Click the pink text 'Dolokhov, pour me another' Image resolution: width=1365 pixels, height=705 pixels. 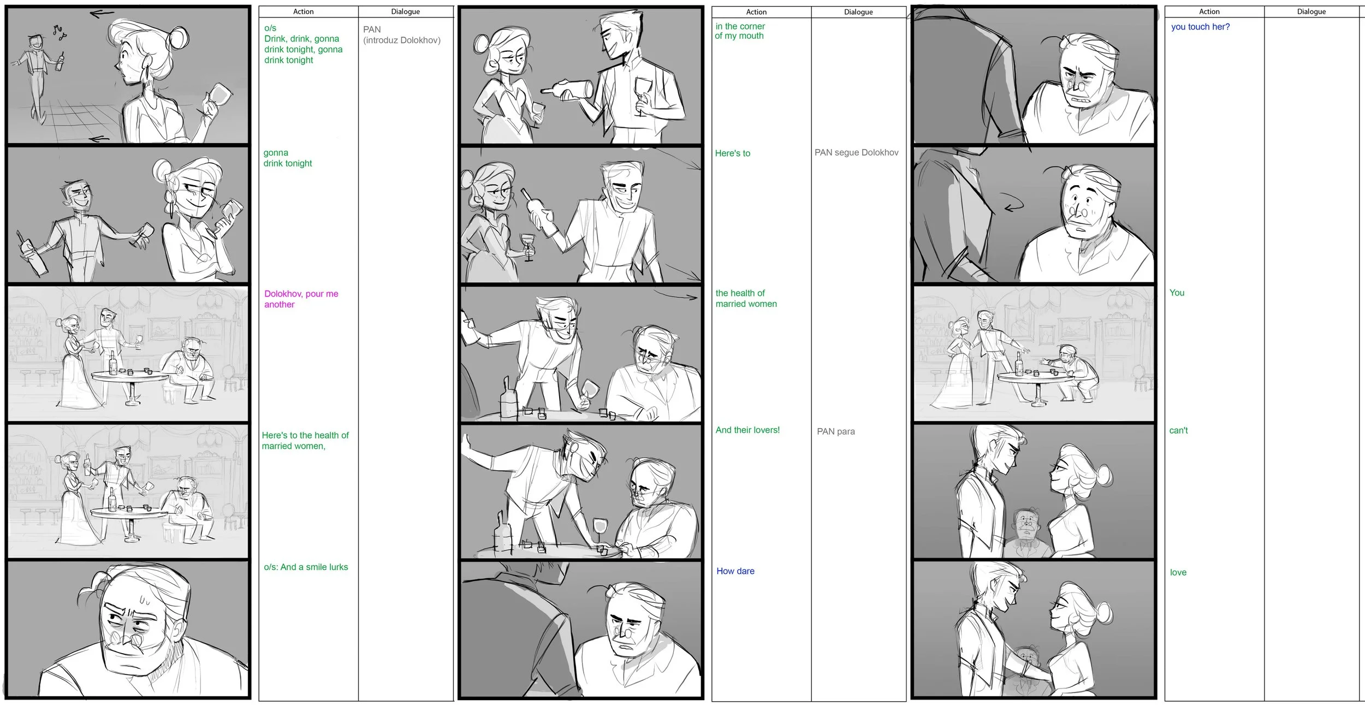click(301, 299)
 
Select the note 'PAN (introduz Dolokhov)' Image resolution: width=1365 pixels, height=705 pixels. click(401, 34)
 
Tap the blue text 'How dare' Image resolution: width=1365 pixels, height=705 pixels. click(735, 571)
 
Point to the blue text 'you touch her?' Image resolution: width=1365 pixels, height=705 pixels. click(1200, 27)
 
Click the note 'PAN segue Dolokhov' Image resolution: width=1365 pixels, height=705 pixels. click(856, 152)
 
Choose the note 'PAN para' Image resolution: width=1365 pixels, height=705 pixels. click(835, 431)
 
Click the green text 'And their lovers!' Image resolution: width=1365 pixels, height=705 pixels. click(747, 430)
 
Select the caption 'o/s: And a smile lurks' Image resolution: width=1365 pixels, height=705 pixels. click(306, 567)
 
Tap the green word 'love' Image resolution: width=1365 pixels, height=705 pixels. click(1178, 572)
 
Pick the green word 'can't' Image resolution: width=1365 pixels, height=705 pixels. click(1178, 430)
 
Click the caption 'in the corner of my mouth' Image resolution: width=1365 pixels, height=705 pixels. click(740, 31)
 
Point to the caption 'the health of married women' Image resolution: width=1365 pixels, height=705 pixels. click(746, 298)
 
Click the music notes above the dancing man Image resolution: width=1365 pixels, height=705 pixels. click(58, 32)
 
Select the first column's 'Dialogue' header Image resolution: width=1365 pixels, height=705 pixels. click(405, 11)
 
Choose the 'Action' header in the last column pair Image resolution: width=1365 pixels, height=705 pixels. click(1209, 11)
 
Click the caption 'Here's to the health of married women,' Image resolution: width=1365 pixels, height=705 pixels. click(305, 441)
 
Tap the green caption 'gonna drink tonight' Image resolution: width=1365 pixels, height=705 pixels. click(287, 158)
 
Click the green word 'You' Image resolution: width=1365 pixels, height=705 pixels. click(1177, 293)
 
